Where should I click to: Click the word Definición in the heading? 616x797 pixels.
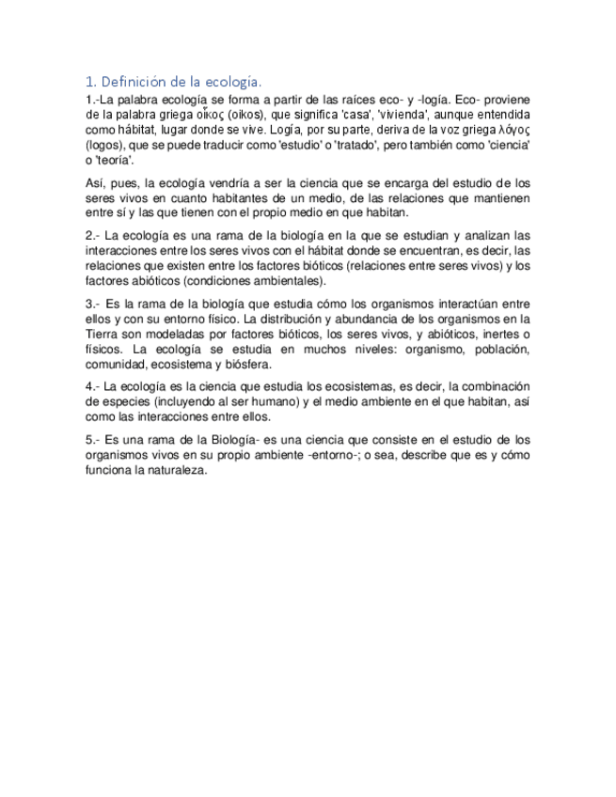tap(135, 81)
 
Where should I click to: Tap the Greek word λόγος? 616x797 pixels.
tap(513, 130)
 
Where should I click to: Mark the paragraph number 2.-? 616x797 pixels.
tap(91, 234)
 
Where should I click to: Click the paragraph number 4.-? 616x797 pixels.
tap(91, 386)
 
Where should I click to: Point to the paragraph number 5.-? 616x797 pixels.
tap(91, 439)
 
